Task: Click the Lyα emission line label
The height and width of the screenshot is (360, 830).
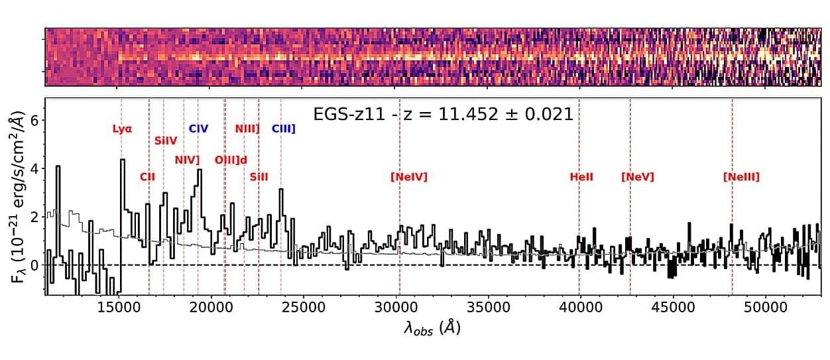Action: point(123,129)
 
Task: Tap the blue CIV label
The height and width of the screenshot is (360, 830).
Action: point(199,129)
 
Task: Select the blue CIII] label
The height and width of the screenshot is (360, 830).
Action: point(283,129)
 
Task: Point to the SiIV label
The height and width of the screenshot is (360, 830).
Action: point(166,141)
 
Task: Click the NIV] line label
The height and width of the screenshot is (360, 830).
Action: point(187,160)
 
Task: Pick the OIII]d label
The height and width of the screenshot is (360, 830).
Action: point(231,160)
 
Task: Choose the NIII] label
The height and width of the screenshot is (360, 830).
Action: point(247,129)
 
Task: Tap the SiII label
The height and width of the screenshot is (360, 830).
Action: point(259,177)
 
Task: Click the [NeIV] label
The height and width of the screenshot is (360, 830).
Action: point(409,177)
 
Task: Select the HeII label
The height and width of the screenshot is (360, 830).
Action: point(581,177)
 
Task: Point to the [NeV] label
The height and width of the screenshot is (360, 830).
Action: point(638,177)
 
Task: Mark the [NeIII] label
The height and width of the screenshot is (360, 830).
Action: point(741,177)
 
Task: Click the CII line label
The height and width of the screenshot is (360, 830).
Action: point(147,177)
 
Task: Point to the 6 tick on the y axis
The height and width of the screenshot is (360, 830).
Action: point(36,120)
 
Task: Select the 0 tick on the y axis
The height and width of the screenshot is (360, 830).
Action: point(36,265)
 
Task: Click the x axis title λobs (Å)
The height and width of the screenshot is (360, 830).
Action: point(432,328)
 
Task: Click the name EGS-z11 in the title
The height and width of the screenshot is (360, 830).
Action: point(347,114)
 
